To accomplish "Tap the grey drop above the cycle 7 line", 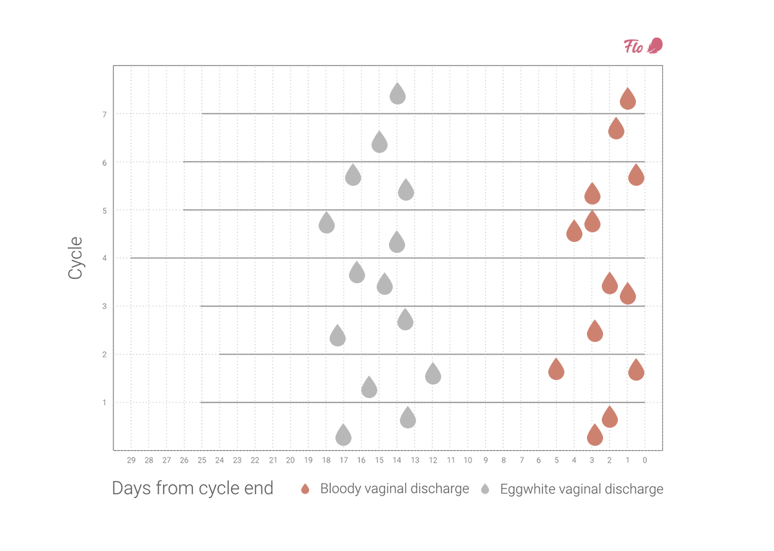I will click(398, 95).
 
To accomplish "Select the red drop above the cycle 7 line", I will click(628, 100).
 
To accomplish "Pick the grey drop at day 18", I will click(326, 223).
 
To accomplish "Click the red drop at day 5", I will click(556, 370).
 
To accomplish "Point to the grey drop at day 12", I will click(433, 374).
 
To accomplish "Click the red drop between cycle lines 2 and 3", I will click(595, 332).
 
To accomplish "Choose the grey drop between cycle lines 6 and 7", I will click(379, 143).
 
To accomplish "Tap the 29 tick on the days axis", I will click(131, 460).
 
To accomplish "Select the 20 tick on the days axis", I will click(290, 460).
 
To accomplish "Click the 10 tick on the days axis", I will click(468, 460).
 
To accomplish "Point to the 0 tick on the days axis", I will click(644, 460).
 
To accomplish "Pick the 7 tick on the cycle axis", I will click(104, 114).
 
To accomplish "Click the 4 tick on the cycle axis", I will click(104, 258).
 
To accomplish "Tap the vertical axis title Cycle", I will click(75, 258).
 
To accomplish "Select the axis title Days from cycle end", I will click(193, 488).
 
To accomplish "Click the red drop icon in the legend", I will click(305, 489).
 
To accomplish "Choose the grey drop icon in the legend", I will click(485, 489).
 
